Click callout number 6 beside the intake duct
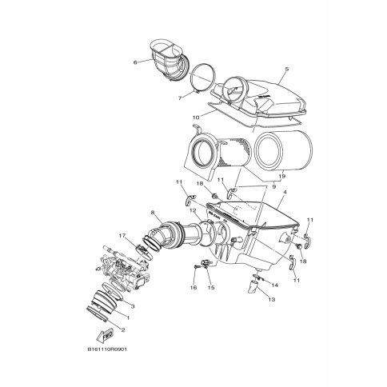[135, 62]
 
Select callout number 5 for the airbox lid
[285, 70]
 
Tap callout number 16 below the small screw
[193, 286]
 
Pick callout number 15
[212, 286]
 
